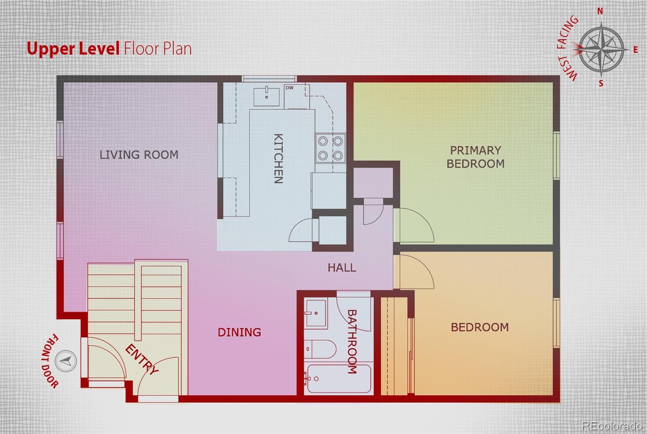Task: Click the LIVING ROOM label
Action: tap(139, 155)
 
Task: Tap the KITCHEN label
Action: tap(278, 158)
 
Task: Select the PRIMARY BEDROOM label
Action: tap(476, 157)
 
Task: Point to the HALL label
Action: tap(342, 268)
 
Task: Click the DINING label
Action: tap(239, 333)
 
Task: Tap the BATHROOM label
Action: tap(352, 342)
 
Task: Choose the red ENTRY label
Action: tap(142, 359)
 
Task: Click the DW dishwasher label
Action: tap(290, 88)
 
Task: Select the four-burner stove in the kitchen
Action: tap(330, 149)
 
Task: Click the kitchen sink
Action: tap(266, 97)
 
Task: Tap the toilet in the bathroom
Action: tap(320, 349)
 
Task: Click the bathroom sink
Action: tap(316, 313)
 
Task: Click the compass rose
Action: tap(601, 50)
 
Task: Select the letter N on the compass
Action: tap(600, 11)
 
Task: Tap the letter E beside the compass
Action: tap(635, 50)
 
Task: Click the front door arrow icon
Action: tap(66, 361)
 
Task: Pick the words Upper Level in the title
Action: tap(73, 48)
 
